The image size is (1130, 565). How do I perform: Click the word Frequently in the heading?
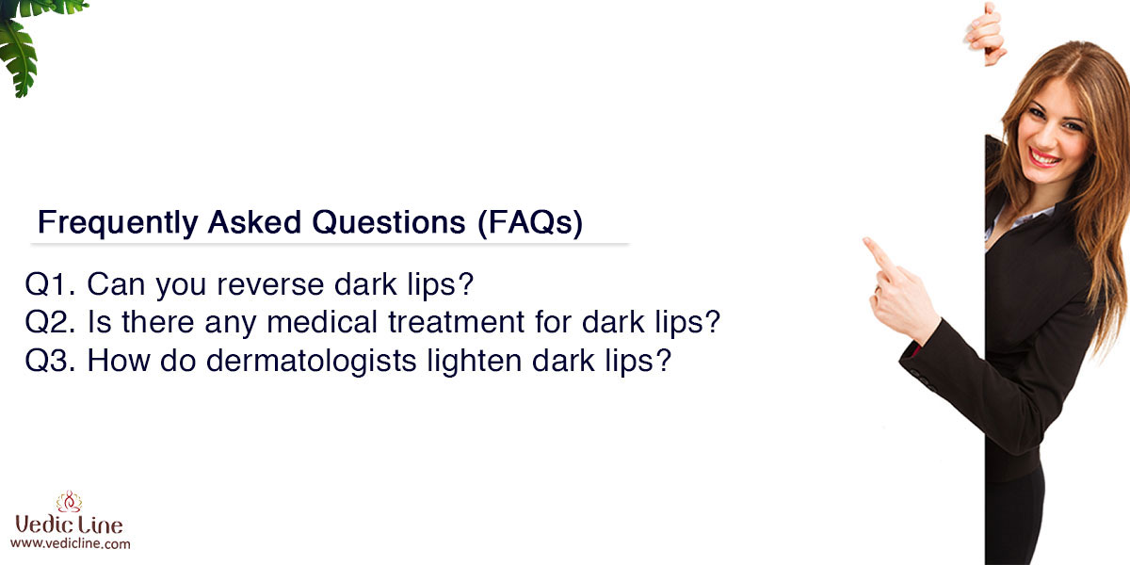(118, 223)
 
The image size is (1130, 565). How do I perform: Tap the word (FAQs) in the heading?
(530, 223)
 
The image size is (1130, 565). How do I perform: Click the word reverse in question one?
(270, 285)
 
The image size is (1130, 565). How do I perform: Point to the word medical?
(322, 322)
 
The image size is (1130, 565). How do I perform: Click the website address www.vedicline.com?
(70, 544)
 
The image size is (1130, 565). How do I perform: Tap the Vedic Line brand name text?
(69, 525)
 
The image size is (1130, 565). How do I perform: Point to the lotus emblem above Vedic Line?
(69, 501)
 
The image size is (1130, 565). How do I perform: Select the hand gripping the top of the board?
(985, 34)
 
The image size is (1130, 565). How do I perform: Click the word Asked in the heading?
(254, 222)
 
